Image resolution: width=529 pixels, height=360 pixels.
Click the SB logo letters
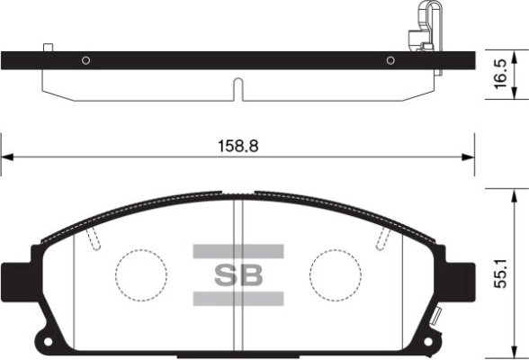tap(238, 274)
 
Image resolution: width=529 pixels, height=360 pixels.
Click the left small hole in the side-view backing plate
tap(85, 60)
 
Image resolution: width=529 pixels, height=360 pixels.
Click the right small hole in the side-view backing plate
tap(390, 60)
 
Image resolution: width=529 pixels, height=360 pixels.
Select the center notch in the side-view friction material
tap(238, 90)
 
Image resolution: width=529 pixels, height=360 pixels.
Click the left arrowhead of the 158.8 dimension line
tap(7, 157)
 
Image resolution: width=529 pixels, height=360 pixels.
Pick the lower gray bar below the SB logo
tap(238, 298)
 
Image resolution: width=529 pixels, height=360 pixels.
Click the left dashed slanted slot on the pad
tap(94, 237)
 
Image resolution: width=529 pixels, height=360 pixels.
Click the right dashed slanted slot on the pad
tap(383, 237)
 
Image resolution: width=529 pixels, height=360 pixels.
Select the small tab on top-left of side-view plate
tap(49, 47)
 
